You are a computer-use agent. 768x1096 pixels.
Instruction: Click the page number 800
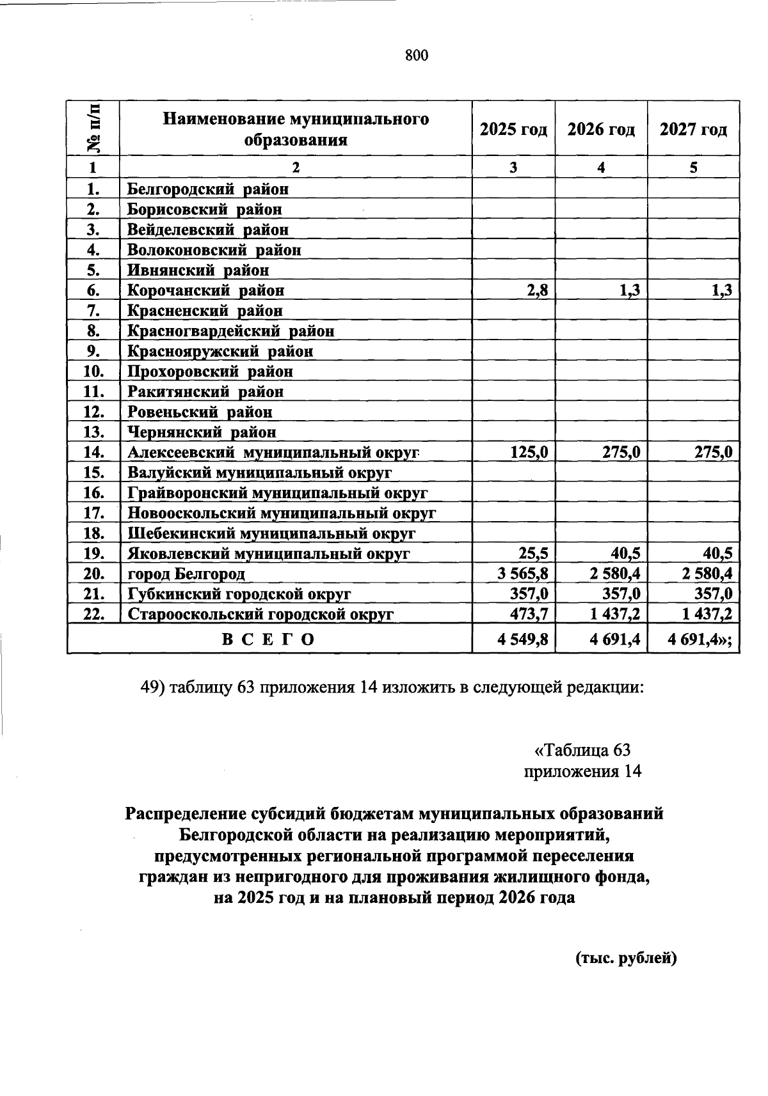(x=417, y=56)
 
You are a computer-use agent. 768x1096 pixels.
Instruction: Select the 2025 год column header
(x=513, y=129)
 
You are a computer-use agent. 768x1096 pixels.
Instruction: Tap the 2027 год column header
(x=693, y=129)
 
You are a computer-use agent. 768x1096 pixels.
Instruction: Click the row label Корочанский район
(x=205, y=290)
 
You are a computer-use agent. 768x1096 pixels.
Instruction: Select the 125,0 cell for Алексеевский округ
(x=529, y=453)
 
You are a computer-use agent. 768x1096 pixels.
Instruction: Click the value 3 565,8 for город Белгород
(x=522, y=574)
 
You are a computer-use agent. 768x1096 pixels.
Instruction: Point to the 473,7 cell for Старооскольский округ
(x=529, y=615)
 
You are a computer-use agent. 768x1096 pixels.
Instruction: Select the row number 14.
(x=94, y=453)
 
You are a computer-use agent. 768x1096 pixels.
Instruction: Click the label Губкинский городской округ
(x=239, y=594)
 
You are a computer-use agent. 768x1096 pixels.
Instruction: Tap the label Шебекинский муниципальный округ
(x=271, y=533)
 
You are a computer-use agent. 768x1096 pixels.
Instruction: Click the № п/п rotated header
(x=94, y=129)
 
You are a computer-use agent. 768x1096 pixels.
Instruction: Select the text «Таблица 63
(x=582, y=749)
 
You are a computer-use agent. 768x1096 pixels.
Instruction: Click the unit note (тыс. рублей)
(x=626, y=957)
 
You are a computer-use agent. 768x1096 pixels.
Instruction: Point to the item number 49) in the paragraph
(x=154, y=687)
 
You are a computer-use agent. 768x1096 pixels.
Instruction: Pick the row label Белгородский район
(x=207, y=189)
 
